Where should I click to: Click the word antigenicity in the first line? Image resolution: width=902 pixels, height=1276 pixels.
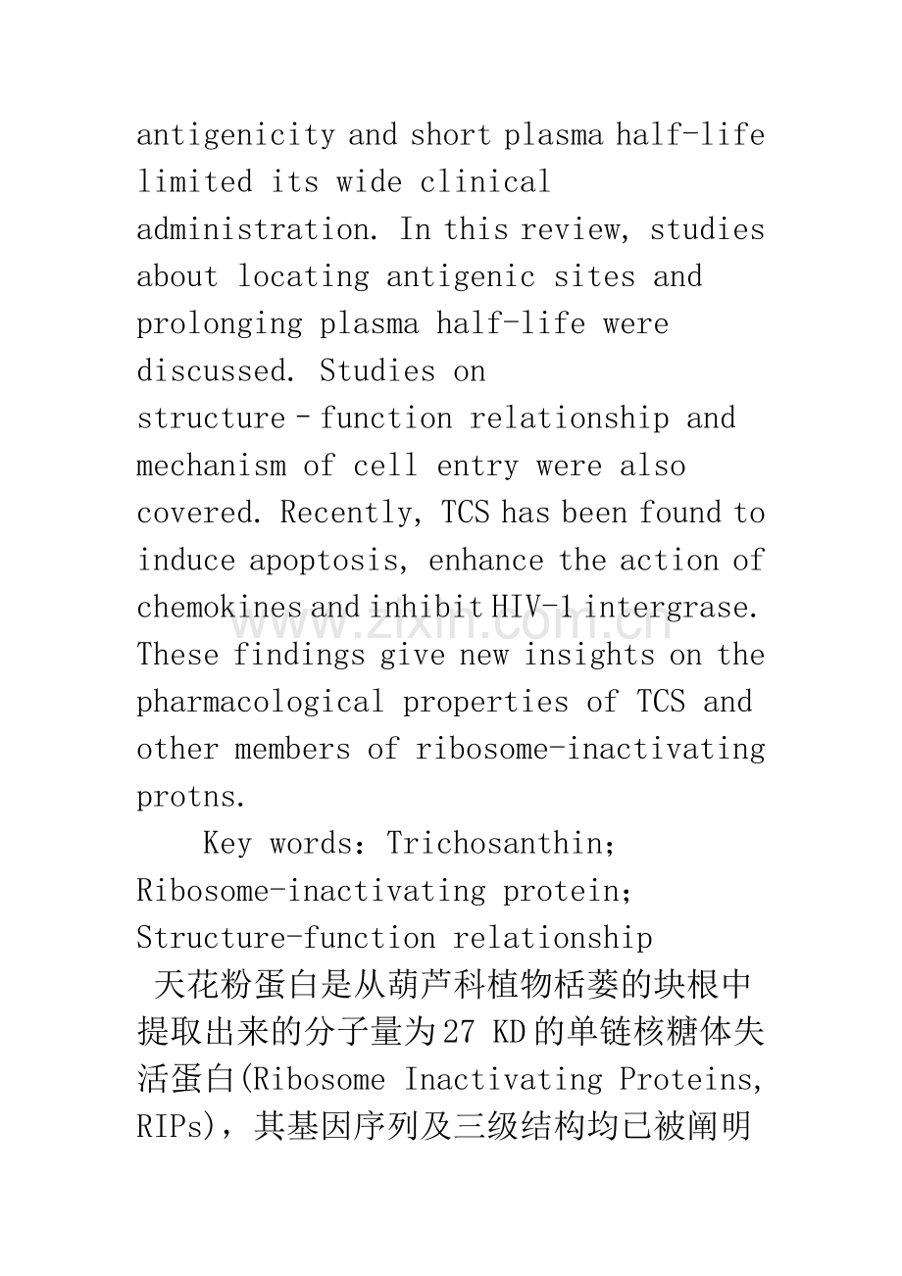[236, 134]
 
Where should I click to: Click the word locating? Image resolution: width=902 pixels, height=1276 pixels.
[304, 276]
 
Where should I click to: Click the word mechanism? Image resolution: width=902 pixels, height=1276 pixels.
[210, 466]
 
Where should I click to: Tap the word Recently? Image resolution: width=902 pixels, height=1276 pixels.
[352, 513]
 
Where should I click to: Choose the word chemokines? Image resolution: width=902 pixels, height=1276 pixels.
[220, 608]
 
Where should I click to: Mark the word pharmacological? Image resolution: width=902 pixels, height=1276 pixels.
[260, 702]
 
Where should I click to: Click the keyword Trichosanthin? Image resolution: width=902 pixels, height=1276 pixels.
[501, 844]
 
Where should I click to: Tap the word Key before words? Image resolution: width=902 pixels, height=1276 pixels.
[226, 844]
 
